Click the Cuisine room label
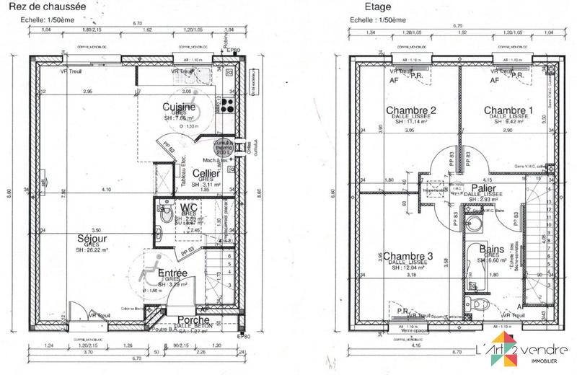176,107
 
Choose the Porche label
193,319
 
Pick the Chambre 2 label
414,110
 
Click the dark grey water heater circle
222,148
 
